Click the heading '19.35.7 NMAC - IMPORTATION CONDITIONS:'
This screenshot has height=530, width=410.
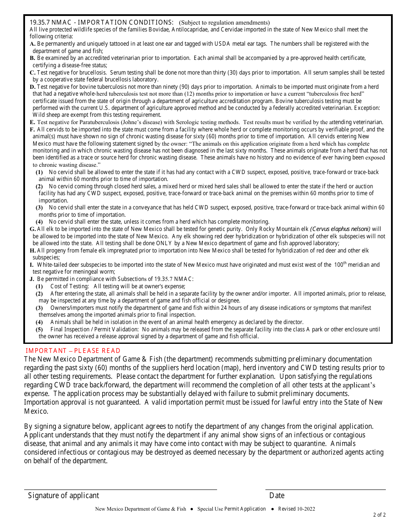(101, 22)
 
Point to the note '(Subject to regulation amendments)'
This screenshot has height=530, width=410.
(224, 23)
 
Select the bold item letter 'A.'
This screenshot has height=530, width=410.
(33, 44)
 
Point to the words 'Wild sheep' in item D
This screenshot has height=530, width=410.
(47, 115)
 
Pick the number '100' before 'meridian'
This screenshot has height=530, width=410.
(339, 265)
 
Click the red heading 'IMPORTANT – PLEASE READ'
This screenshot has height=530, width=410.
(73, 351)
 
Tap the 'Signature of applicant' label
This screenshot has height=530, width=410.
(63, 496)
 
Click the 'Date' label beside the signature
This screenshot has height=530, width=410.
(277, 496)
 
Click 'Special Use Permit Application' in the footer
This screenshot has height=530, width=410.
(231, 509)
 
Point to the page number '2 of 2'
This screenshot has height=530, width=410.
(379, 515)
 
